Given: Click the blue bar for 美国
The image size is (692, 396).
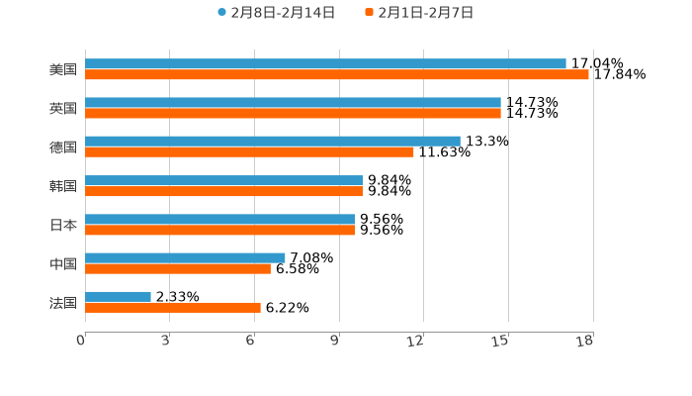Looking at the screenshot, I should tap(325, 64).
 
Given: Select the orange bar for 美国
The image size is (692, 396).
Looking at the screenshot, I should tap(336, 75).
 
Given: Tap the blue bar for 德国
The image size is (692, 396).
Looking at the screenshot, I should tap(272, 142).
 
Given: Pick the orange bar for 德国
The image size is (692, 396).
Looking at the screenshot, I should tap(249, 152).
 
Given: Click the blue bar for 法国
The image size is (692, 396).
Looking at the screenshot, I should tap(118, 296).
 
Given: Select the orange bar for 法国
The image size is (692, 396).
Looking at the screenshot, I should tap(173, 307).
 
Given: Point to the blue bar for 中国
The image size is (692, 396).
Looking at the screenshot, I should tap(185, 257).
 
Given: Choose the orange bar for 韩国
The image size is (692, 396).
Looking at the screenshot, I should tap(223, 191).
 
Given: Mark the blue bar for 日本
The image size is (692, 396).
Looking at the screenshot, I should tap(219, 219).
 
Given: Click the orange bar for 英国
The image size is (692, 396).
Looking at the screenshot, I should tap(293, 114).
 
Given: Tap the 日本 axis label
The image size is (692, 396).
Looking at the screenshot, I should tap(63, 225).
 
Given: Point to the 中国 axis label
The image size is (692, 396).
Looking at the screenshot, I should tap(63, 263).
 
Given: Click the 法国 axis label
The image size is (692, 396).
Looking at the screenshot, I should tap(63, 302).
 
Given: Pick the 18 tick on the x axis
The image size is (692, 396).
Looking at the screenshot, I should tap(585, 341).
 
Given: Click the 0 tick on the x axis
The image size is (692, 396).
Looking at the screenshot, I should tap(81, 341).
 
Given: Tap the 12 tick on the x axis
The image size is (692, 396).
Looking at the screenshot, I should tap(418, 341).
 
